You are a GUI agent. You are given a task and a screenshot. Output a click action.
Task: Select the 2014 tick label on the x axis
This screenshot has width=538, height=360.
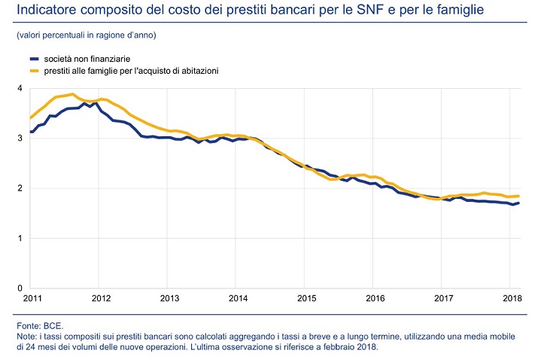[x=238, y=298]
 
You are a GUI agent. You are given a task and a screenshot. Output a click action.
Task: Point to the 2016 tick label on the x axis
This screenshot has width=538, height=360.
[x=376, y=298]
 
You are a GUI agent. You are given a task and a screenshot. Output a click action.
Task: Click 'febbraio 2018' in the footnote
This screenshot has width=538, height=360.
[x=347, y=347]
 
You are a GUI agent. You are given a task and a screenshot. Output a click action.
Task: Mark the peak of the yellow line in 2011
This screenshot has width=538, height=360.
[x=71, y=94]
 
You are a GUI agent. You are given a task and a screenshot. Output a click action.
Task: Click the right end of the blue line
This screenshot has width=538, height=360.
[x=518, y=203]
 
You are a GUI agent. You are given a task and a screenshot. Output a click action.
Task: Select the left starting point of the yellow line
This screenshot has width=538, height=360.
[x=30, y=118]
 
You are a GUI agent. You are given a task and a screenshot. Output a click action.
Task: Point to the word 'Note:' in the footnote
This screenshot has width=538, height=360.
[x=28, y=336]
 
